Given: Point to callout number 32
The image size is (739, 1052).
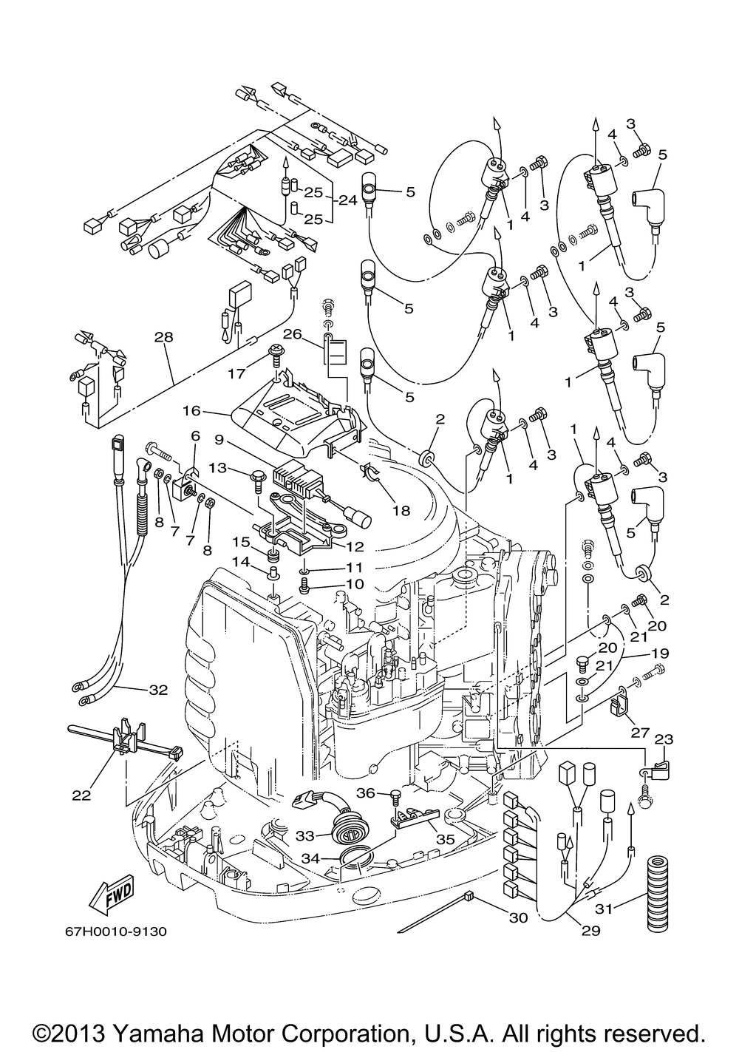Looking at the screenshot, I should [158, 690].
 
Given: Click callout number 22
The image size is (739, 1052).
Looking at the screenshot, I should [81, 795].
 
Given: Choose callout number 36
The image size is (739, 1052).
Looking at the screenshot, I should [366, 793].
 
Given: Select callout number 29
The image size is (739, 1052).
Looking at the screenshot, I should [589, 931].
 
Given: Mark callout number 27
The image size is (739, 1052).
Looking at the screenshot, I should [640, 733].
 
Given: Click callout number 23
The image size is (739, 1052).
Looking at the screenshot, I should [664, 739].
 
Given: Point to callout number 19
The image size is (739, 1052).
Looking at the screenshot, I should [659, 654].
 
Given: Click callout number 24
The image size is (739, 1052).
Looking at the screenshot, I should [347, 200].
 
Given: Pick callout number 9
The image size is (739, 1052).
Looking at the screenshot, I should [219, 438].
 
